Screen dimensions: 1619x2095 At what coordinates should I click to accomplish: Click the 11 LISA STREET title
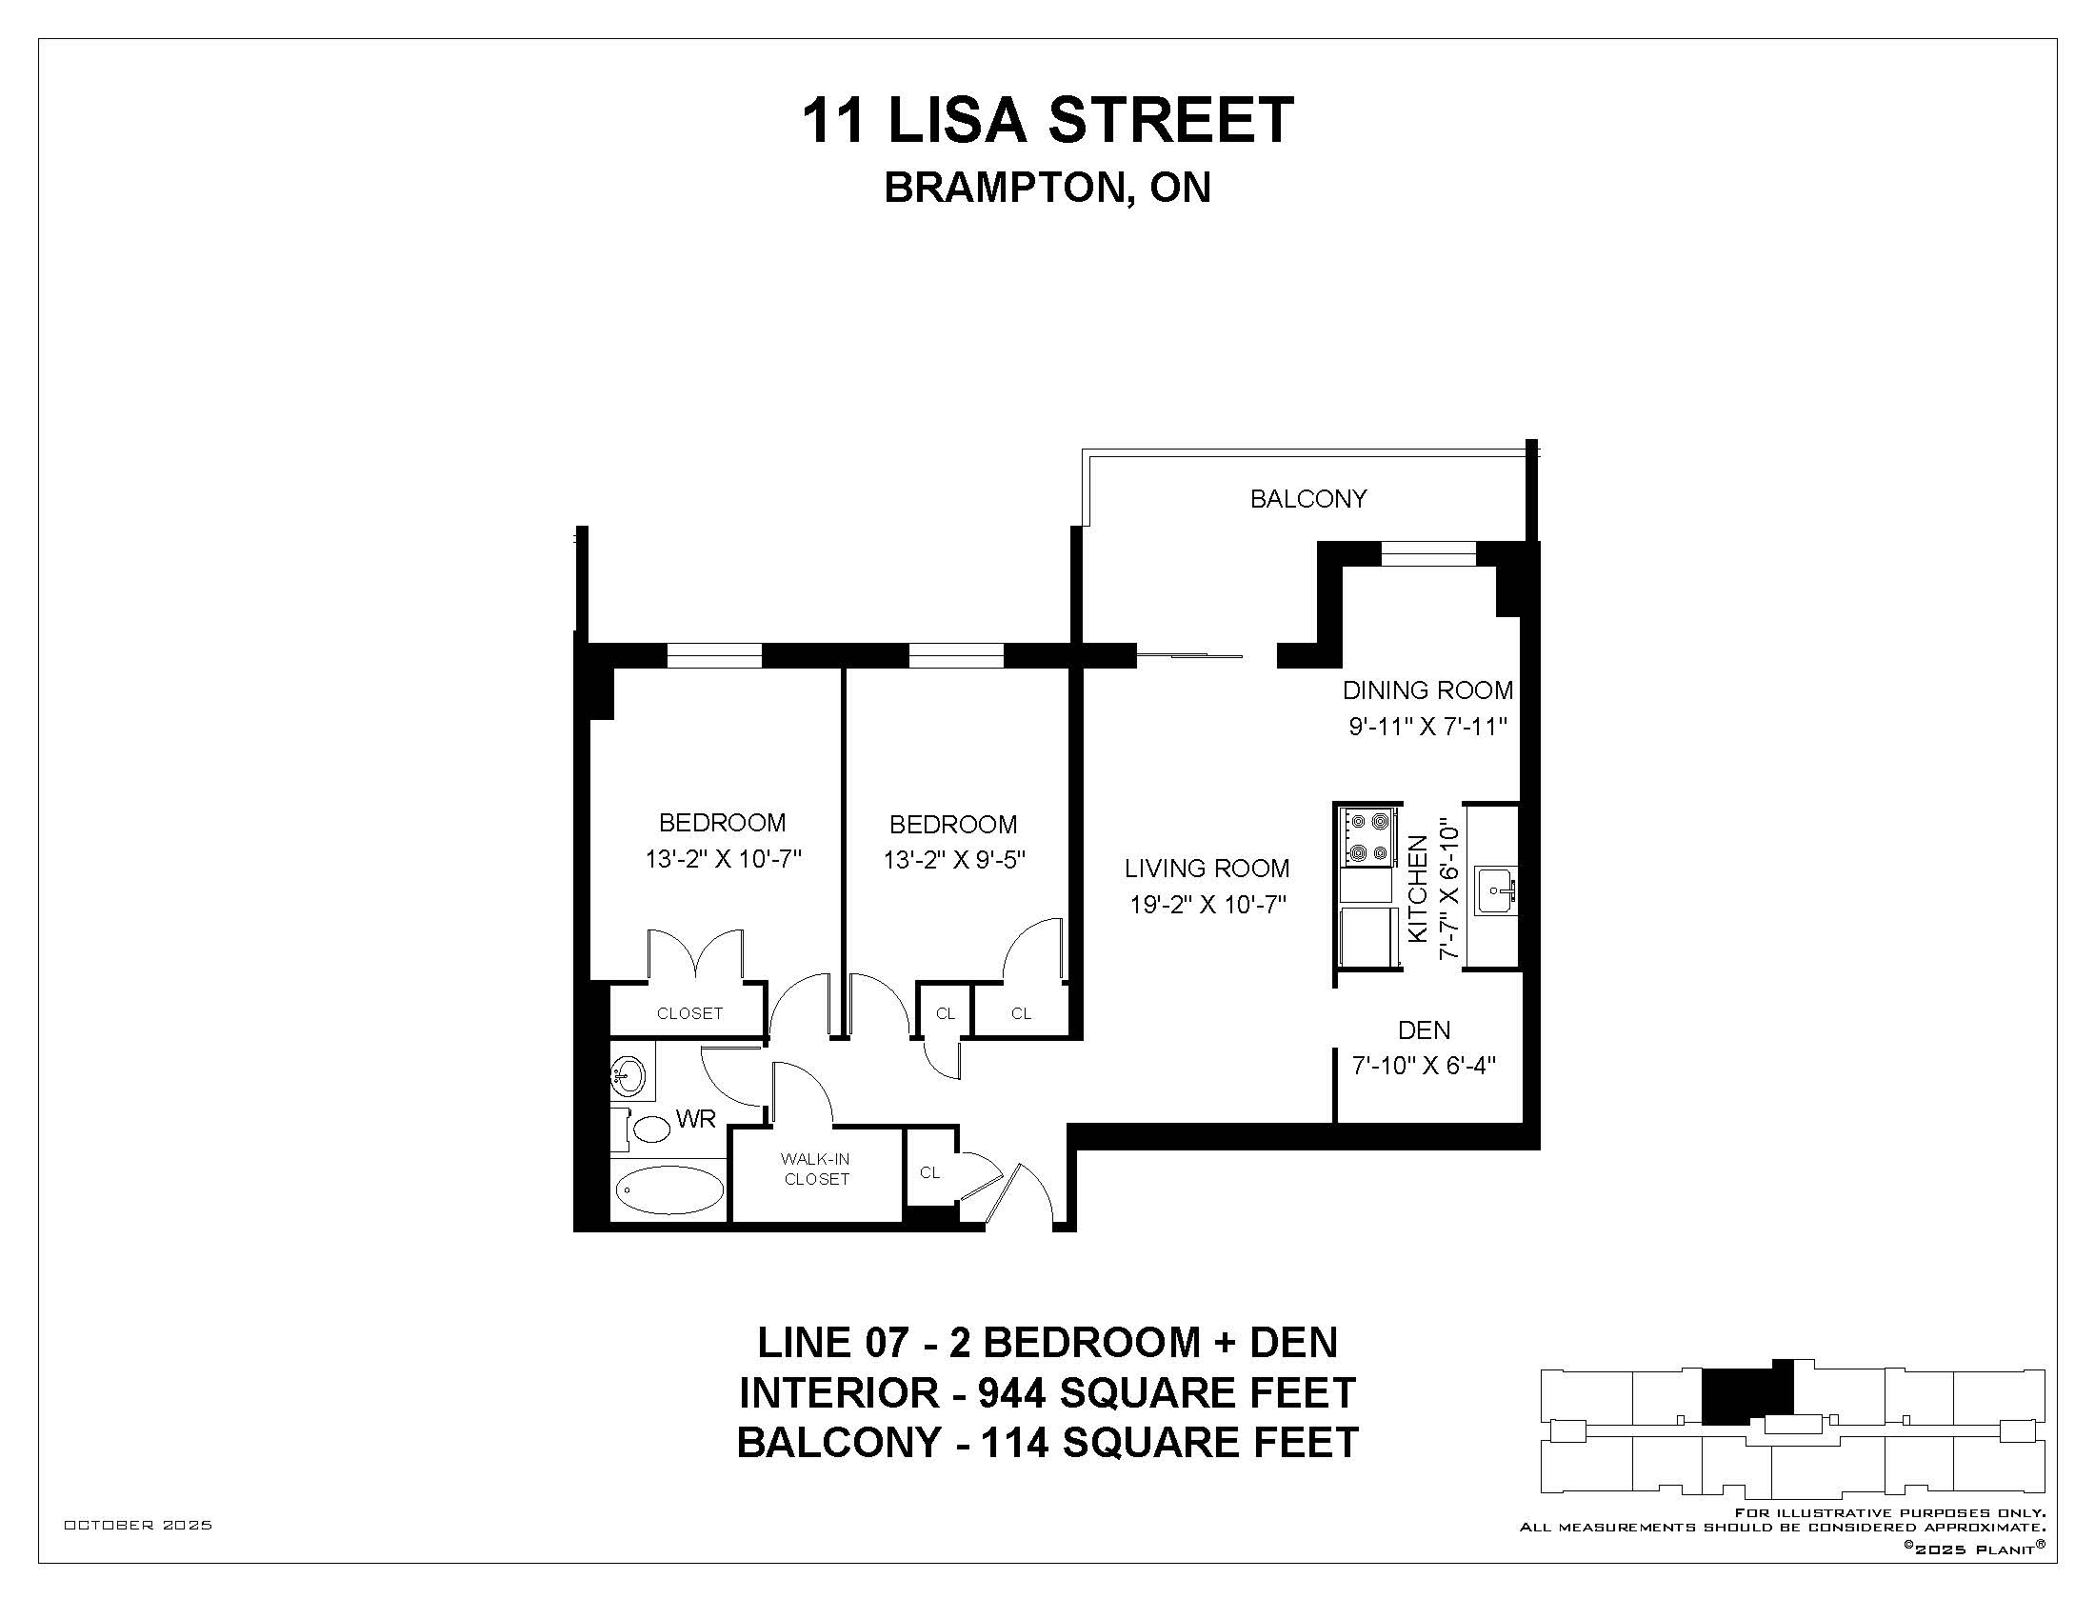[x=1047, y=121]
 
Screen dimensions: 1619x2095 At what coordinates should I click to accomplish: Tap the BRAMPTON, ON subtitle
[x=1047, y=188]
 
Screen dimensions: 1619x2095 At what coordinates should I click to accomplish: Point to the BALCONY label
[x=1308, y=499]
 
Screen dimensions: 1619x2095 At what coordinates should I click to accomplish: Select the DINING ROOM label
[x=1427, y=690]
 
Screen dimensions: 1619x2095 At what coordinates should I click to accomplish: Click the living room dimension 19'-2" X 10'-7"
[x=1207, y=905]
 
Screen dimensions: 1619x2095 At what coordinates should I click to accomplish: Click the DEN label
[x=1425, y=1030]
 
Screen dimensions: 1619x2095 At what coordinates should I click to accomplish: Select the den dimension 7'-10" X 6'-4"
[x=1425, y=1066]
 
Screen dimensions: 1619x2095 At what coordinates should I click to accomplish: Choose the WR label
[x=695, y=1119]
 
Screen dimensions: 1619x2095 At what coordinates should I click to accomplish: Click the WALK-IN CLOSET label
[x=816, y=1169]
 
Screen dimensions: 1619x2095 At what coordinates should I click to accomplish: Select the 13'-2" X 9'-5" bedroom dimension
[x=954, y=859]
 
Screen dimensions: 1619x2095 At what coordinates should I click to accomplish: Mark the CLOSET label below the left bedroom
[x=689, y=1014]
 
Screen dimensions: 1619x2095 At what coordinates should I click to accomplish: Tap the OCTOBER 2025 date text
[x=138, y=1525]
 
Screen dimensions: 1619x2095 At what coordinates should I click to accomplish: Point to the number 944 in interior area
[x=1011, y=1392]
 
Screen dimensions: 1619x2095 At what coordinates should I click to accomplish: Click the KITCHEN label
[x=1418, y=889]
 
